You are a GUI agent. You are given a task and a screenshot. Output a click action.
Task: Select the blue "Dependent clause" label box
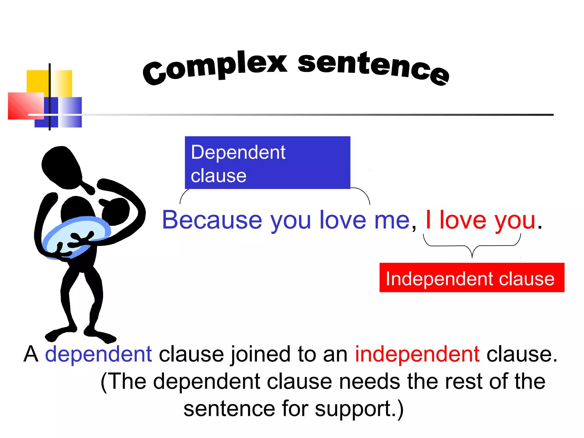(x=267, y=163)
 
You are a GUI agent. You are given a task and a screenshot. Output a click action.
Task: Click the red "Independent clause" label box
(x=472, y=277)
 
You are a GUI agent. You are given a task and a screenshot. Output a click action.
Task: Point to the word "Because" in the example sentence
(x=212, y=220)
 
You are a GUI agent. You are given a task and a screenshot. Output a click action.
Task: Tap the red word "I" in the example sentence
(x=428, y=220)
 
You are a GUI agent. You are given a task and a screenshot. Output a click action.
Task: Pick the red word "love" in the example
(x=463, y=220)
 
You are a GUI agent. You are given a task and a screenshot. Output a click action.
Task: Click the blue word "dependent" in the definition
(x=98, y=354)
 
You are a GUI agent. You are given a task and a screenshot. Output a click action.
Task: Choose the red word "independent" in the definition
(x=417, y=354)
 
